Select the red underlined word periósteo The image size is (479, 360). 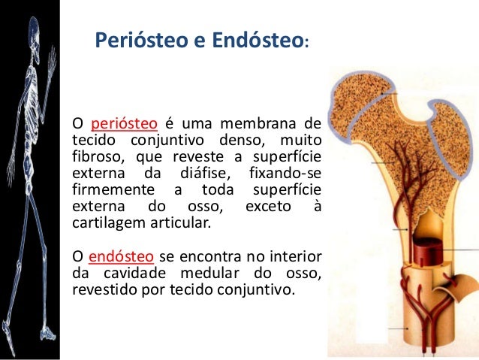click(x=124, y=123)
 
